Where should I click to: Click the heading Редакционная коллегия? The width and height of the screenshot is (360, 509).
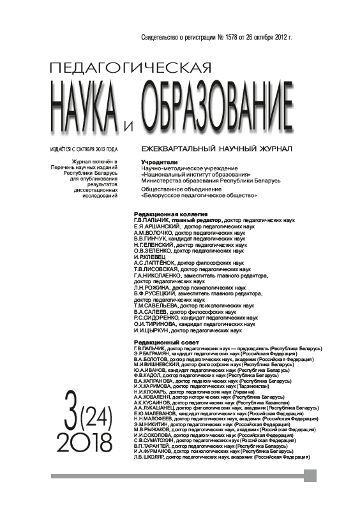[x=172, y=214]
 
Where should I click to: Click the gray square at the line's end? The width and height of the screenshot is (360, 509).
[x=310, y=475]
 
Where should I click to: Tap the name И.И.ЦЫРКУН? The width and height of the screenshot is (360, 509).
[x=151, y=331]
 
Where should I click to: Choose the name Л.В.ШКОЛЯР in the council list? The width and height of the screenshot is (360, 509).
[x=150, y=457]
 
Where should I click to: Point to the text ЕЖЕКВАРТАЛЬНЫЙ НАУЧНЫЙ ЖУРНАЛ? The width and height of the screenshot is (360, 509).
[x=216, y=149]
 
